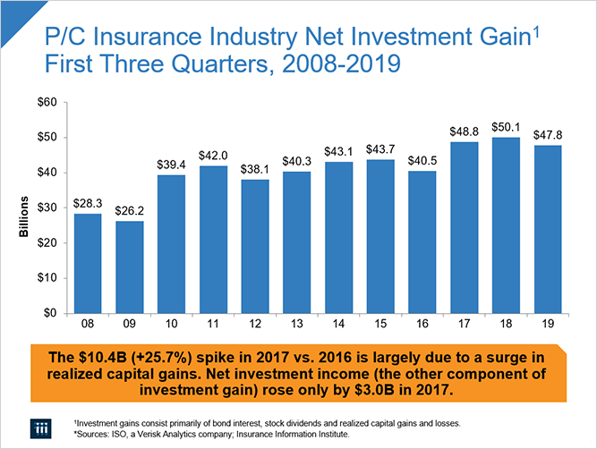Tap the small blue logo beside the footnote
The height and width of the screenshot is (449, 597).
[x=38, y=427]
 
